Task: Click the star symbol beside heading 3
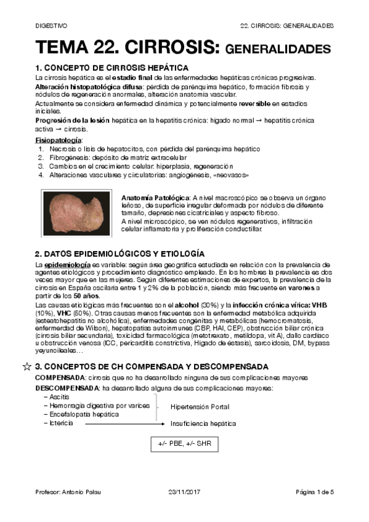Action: pos(26,366)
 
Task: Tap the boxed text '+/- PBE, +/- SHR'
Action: pos(184,444)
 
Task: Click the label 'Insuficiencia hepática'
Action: pos(203,424)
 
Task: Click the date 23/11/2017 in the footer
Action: pos(184,492)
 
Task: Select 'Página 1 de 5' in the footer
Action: pos(315,492)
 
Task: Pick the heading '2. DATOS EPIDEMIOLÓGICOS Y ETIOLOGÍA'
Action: pos(120,254)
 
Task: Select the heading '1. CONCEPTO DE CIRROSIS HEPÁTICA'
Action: pos(112,67)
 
